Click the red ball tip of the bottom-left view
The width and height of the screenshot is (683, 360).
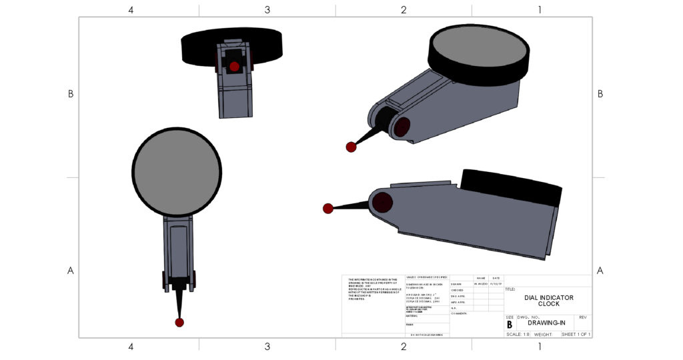click(x=179, y=323)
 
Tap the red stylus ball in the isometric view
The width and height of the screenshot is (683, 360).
click(x=351, y=147)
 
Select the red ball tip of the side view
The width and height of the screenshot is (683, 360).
click(x=327, y=209)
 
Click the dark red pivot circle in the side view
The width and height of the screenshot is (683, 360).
click(x=382, y=203)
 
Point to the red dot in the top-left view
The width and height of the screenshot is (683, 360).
click(x=234, y=67)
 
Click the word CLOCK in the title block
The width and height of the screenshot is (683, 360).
click(x=548, y=304)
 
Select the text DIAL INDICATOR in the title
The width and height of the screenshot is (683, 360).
click(x=548, y=297)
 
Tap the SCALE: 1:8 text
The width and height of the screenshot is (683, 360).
click(x=518, y=334)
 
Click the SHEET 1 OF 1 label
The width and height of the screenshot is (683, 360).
click(x=576, y=334)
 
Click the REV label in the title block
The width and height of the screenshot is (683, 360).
click(x=582, y=317)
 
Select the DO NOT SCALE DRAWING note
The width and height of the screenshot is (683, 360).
click(x=427, y=334)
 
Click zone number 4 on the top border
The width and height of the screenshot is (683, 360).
click(x=131, y=9)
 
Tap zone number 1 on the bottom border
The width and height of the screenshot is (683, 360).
click(x=540, y=347)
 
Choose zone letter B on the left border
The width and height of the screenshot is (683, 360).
click(x=70, y=94)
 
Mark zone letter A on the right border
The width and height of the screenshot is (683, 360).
click(x=600, y=271)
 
